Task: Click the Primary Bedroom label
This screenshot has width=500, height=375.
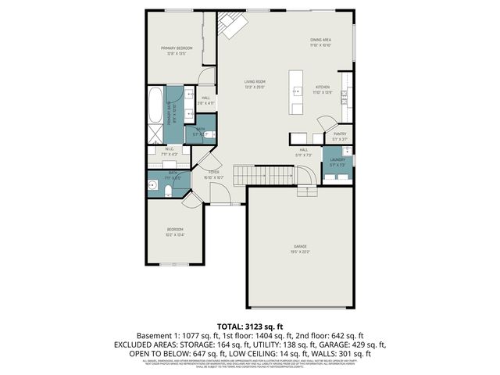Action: (177, 48)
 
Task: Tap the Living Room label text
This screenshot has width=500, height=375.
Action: (255, 81)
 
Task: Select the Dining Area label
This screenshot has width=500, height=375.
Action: (320, 41)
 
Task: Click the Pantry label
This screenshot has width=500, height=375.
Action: (339, 134)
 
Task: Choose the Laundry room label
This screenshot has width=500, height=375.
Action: (337, 159)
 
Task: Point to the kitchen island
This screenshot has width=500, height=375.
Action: (297, 92)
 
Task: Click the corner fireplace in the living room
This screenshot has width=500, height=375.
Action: (230, 24)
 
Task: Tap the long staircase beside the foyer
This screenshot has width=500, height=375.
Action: (255, 173)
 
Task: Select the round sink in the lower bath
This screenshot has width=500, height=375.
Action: (152, 186)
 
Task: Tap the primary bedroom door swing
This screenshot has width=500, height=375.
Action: (205, 77)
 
